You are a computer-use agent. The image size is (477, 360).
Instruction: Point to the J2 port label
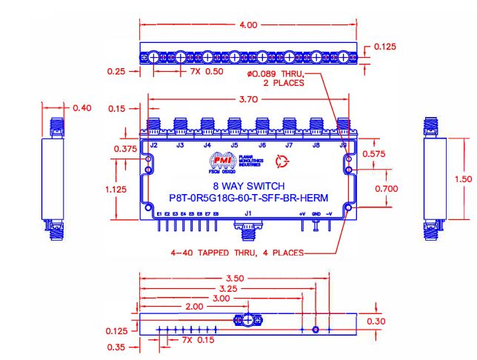pos(153,145)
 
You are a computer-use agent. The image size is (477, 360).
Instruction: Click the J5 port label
pos(234,145)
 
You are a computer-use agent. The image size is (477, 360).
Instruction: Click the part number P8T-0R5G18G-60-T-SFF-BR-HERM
pos(244,197)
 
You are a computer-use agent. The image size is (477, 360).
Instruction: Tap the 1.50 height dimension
pos(461,178)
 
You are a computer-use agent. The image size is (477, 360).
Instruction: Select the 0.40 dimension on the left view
pos(81,108)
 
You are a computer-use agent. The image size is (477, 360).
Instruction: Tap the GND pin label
pos(317,214)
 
